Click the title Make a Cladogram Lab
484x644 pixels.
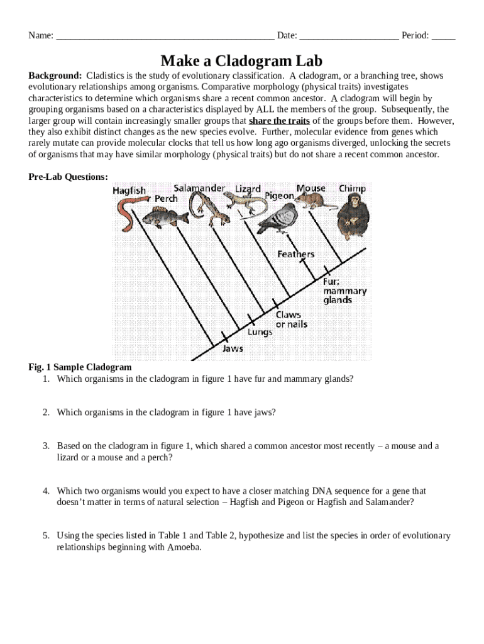pos(241,60)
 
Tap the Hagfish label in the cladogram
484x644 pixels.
pos(129,190)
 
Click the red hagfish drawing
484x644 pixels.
pos(128,213)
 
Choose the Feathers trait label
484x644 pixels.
pos(295,254)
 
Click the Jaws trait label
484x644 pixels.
pos(233,348)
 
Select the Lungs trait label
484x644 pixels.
pos(260,332)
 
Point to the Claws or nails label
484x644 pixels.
pos(292,319)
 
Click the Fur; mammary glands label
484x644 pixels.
pos(344,291)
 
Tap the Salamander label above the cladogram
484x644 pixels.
pos(199,188)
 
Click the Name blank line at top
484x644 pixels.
pos(165,36)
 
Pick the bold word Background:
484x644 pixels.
pos(55,76)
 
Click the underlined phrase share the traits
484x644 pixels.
pos(279,121)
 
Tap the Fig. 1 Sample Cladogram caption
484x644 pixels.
pos(80,367)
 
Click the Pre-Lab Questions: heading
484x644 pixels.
pos(68,177)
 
